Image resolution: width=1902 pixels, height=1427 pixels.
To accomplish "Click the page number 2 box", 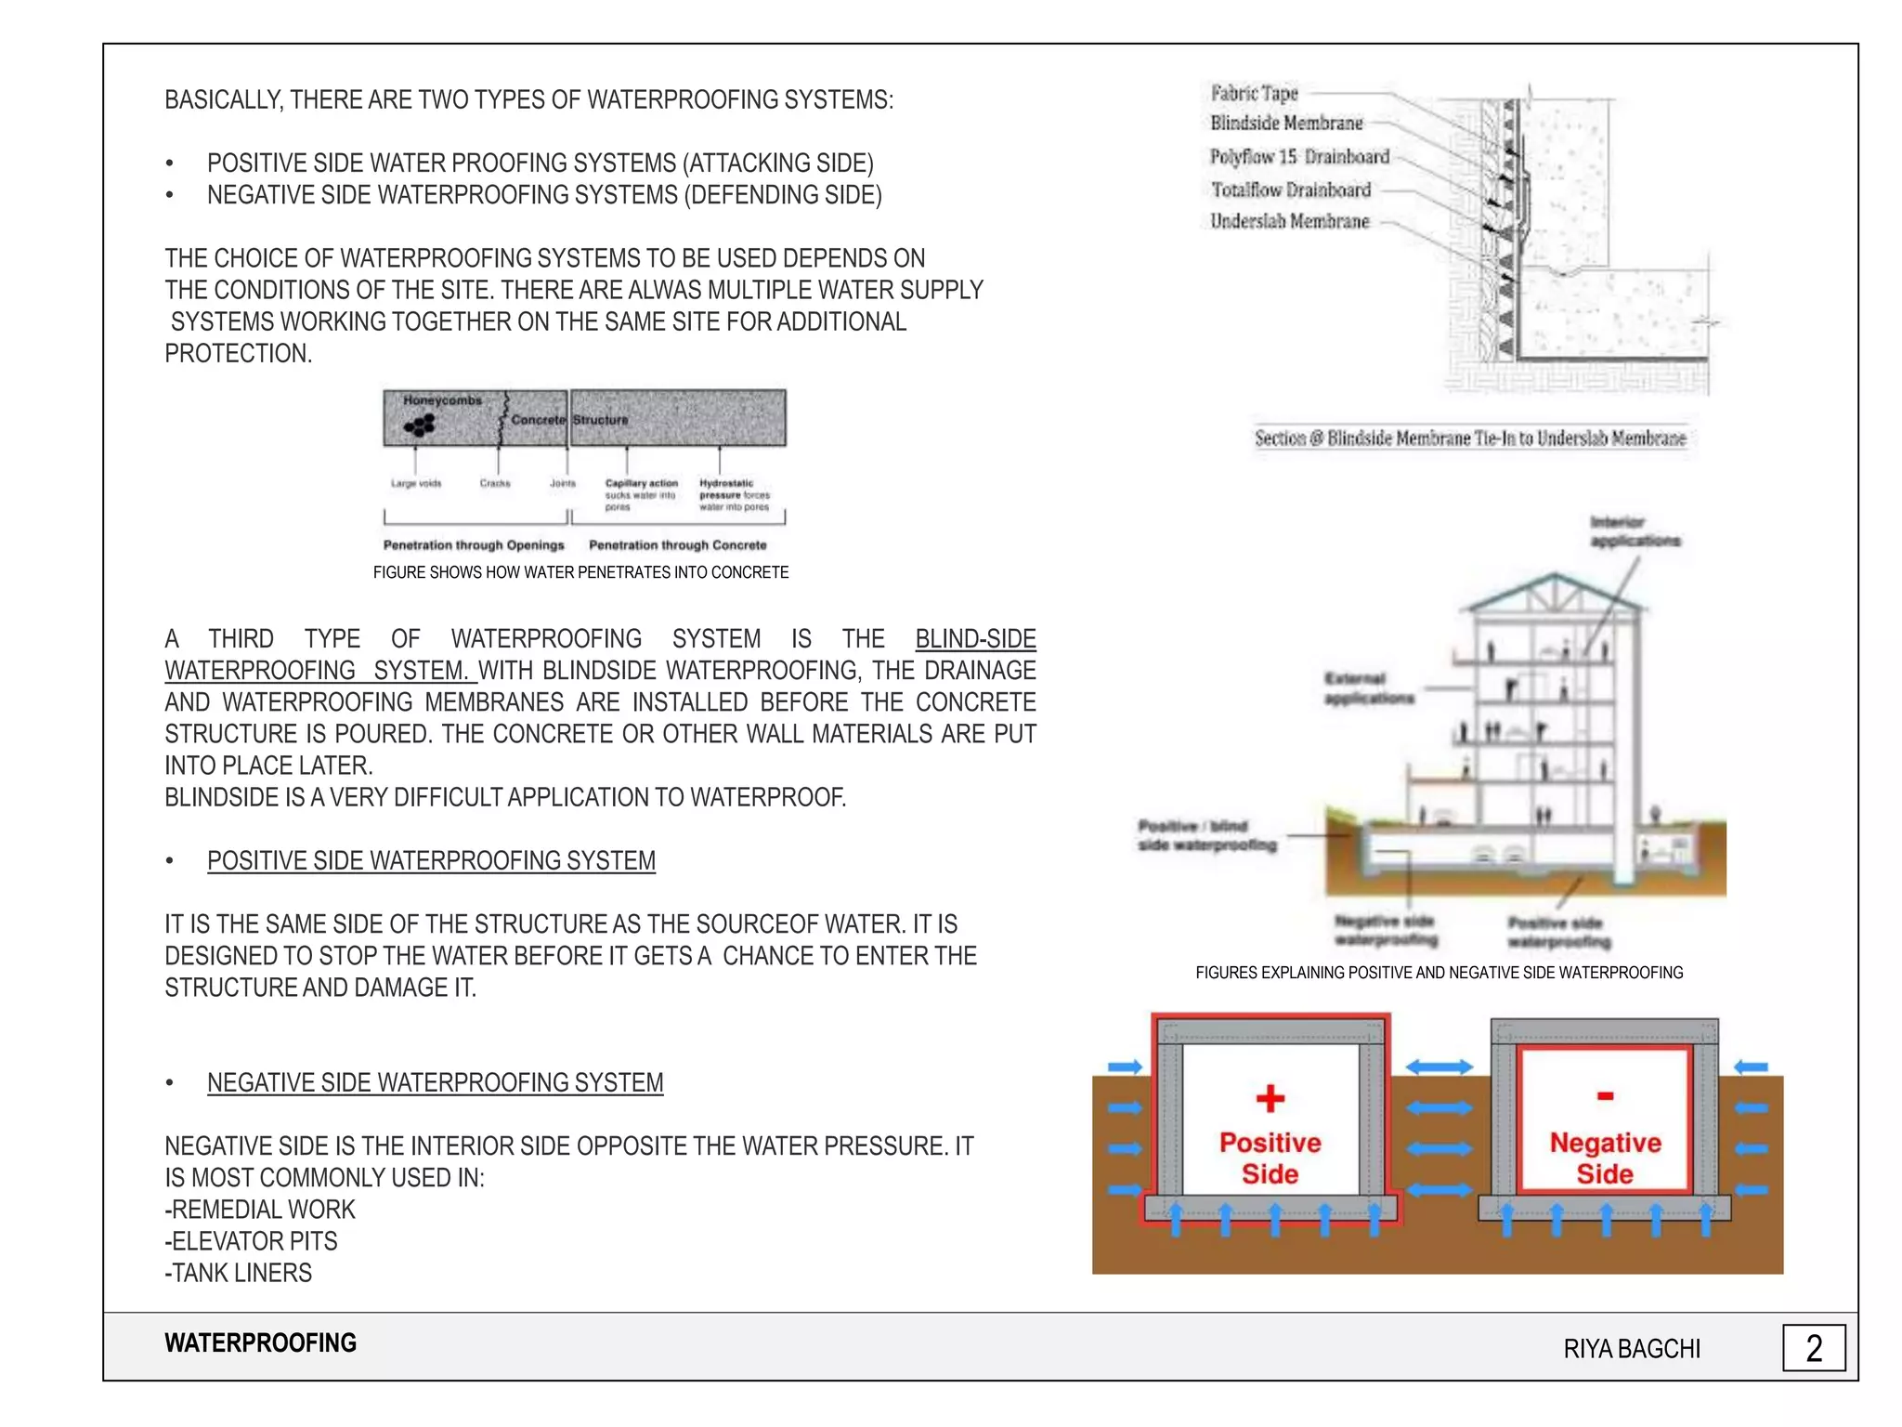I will tap(1813, 1348).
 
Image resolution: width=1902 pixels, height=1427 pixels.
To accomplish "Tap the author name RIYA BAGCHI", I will tap(1632, 1349).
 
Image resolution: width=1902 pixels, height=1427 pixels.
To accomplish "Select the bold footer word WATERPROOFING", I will tap(260, 1343).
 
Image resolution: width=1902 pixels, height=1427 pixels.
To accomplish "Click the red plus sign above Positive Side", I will tap(1270, 1098).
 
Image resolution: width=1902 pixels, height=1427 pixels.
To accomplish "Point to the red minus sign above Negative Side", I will tap(1605, 1096).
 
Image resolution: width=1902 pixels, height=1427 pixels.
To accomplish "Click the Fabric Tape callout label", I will tap(1254, 93).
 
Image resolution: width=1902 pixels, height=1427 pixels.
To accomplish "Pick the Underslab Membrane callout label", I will tap(1289, 221).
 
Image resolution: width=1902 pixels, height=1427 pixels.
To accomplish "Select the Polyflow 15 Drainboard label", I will tap(1299, 156).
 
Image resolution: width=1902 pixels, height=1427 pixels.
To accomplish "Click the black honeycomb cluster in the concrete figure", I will tap(420, 425).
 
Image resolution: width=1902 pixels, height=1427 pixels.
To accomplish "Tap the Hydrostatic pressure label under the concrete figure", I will tap(734, 494).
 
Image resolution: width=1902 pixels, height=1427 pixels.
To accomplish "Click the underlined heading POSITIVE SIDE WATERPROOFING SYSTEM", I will tap(431, 861).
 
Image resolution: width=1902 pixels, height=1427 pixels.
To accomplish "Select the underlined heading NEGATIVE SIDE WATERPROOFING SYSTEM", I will tap(435, 1083).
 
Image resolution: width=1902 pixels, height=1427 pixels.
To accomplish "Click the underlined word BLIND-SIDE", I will tap(975, 639).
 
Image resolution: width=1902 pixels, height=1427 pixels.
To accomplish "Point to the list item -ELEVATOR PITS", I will tap(251, 1241).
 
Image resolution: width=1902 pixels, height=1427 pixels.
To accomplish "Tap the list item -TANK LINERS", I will tap(239, 1273).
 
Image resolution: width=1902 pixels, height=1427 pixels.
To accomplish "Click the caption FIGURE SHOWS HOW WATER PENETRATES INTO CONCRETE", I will tap(580, 572).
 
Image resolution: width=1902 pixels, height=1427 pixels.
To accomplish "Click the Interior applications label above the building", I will tap(1634, 531).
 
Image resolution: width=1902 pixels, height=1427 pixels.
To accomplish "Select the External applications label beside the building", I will tap(1368, 687).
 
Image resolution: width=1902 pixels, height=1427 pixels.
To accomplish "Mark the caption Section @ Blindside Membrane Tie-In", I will tap(1469, 439).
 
